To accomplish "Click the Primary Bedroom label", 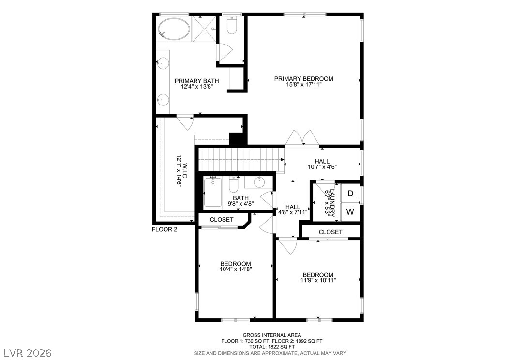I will point(303,79).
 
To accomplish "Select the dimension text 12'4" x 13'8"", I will point(196,87).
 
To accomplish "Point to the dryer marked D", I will point(350,194).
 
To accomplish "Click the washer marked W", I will point(350,212).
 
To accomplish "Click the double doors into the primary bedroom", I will point(302,139).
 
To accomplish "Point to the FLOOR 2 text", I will point(165,229).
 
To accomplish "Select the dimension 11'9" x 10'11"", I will point(317,280).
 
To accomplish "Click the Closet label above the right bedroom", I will point(330,232).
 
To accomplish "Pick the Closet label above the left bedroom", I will point(222,220).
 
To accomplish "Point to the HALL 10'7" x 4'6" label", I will point(322,164).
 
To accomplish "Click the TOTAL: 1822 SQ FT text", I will point(271,347).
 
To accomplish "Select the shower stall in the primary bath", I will point(204,30).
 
